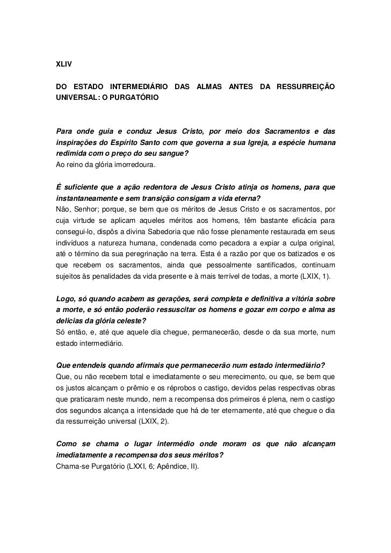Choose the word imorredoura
(x=132, y=165)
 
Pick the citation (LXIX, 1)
(x=317, y=278)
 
